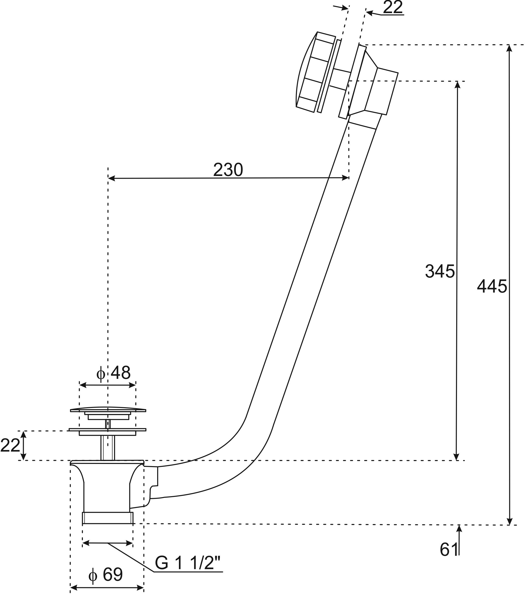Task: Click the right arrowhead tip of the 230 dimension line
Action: [x=349, y=178]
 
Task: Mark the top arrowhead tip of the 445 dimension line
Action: [x=510, y=45]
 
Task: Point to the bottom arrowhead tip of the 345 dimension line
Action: [x=457, y=461]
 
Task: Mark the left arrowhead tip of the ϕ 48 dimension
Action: [x=80, y=385]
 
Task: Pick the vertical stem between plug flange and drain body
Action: [x=108, y=448]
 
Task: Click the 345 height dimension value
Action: [x=440, y=271]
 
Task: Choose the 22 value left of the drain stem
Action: [x=10, y=446]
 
